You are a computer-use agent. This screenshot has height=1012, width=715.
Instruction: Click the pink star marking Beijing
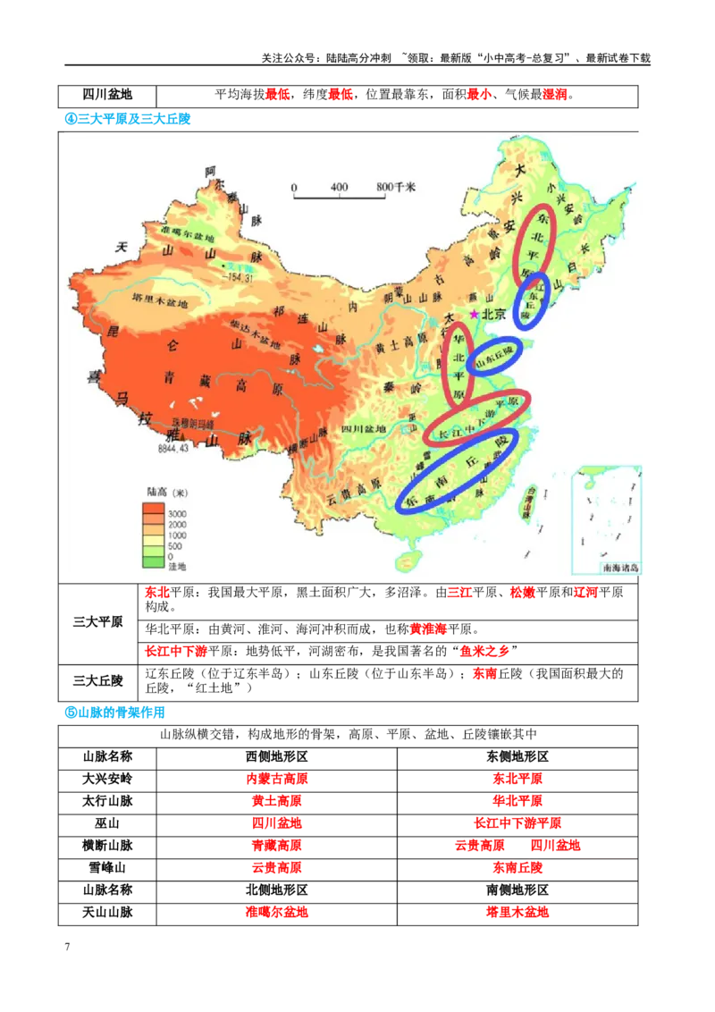tap(475, 314)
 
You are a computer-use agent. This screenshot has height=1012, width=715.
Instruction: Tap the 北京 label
tap(494, 315)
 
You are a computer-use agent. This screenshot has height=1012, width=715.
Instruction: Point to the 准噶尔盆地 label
tap(189, 233)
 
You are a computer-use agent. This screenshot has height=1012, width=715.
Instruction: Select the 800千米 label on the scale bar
tap(396, 187)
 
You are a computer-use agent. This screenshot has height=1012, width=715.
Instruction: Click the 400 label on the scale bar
tap(339, 187)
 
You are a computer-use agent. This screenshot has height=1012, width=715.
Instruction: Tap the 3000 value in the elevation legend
tap(177, 514)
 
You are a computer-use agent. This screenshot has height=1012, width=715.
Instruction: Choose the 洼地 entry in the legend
tap(176, 567)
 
